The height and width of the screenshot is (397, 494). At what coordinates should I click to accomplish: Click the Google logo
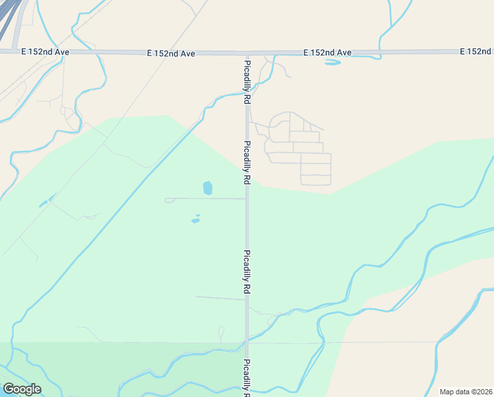(22, 389)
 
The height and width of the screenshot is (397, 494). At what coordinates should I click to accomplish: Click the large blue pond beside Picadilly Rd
(208, 188)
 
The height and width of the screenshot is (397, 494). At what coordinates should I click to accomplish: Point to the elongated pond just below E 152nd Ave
(332, 63)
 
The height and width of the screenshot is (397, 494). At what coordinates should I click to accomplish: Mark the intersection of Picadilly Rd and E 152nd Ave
(247, 52)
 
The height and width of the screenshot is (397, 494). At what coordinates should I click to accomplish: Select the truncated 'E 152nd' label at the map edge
(476, 52)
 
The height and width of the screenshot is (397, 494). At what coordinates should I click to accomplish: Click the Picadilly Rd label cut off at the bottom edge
(247, 378)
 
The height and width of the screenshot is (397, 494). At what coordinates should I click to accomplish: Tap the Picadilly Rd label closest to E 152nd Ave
(247, 82)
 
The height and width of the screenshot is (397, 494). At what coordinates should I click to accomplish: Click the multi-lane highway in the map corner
(8, 20)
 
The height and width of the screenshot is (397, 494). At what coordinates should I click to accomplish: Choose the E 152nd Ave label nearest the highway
(45, 52)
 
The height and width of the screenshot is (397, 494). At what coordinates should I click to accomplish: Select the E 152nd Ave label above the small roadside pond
(327, 52)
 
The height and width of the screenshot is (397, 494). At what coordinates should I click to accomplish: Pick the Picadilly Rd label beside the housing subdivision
(247, 162)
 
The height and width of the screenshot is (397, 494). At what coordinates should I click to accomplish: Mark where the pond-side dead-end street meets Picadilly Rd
(247, 198)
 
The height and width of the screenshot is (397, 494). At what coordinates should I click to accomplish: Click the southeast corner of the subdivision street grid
(330, 185)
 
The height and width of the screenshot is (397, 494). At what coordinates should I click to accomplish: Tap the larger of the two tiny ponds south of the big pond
(195, 220)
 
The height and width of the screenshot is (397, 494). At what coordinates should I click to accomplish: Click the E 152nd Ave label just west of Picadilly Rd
(170, 53)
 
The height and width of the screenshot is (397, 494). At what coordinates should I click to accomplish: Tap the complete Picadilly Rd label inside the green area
(247, 272)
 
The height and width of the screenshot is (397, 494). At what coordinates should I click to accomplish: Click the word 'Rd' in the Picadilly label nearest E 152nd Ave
(247, 97)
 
